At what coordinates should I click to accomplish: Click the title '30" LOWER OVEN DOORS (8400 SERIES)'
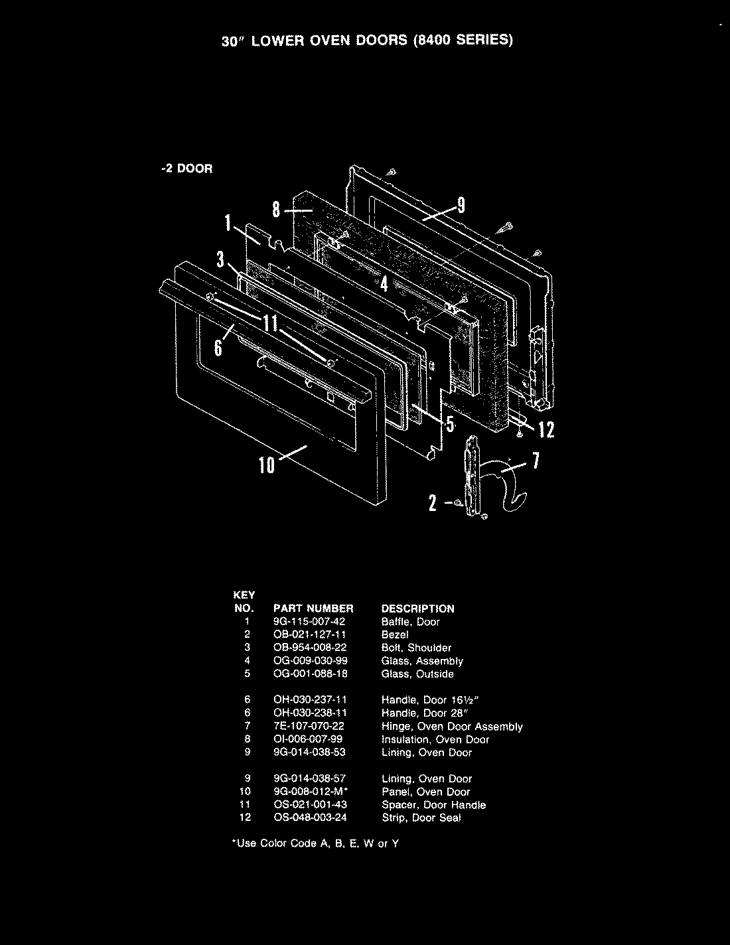coord(367,40)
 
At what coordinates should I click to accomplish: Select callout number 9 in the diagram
coord(461,206)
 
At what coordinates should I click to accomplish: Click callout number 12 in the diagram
coord(546,431)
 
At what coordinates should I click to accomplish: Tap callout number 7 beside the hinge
coord(536,461)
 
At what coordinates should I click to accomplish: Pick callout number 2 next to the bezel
coord(432,504)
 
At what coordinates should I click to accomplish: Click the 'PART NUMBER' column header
coord(313,609)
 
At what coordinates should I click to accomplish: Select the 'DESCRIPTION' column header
coord(418,609)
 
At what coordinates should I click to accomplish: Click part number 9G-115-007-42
coord(309,622)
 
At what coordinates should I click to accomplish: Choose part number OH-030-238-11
coord(309,713)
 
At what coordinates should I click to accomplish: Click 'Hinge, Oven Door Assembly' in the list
coord(452,727)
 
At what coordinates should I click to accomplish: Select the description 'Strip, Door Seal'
coord(421,818)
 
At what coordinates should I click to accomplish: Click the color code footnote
coord(315,843)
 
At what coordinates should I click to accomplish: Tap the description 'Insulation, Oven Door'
coord(435,739)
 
